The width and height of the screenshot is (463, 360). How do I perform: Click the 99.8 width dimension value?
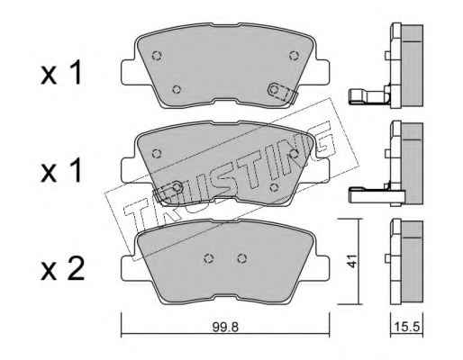[225, 328]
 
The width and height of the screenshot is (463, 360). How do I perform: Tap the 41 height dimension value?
[351, 261]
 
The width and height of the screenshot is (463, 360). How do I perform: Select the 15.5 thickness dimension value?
[406, 327]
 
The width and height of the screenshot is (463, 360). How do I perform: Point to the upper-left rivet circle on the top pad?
[157, 55]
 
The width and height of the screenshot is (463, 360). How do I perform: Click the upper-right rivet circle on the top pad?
[294, 56]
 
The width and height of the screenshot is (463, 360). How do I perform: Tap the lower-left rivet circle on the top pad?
[177, 89]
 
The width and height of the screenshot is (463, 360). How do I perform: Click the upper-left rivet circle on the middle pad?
[157, 154]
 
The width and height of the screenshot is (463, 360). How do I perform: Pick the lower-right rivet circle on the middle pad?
[274, 188]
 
